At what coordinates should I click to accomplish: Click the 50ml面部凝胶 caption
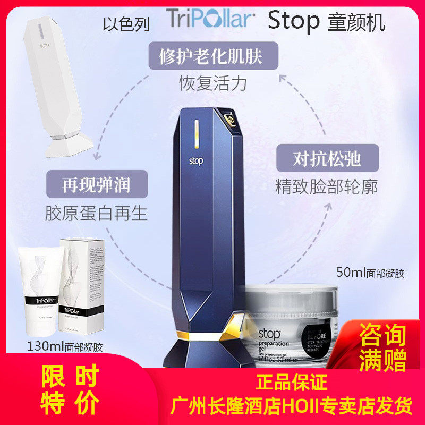coord(370,274)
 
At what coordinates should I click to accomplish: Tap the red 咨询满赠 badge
coord(382,348)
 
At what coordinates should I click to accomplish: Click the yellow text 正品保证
coord(292,382)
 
